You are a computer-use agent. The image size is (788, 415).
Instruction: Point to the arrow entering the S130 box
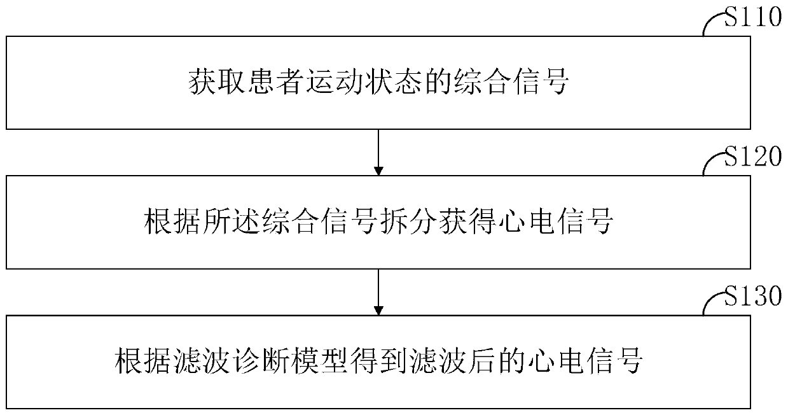pyautogui.click(x=378, y=292)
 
